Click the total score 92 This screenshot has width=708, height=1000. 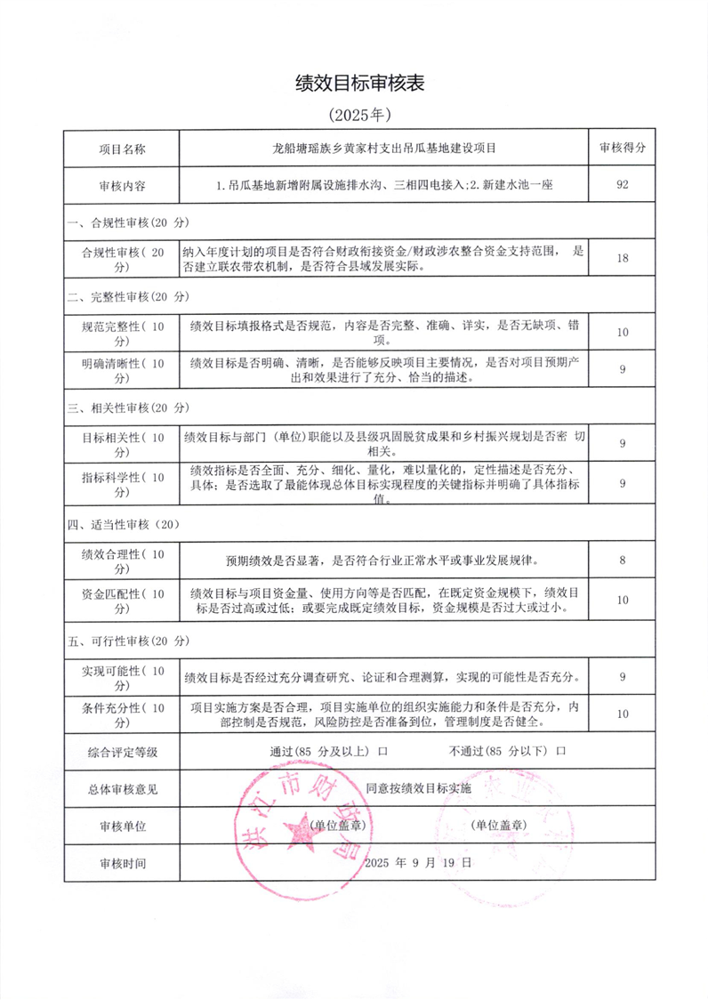(623, 187)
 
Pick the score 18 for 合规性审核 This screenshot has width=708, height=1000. (623, 258)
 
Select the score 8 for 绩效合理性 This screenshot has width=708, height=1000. (623, 561)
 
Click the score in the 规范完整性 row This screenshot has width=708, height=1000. (623, 332)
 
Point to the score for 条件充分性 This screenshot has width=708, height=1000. (623, 714)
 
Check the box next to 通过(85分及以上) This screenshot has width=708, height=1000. (383, 751)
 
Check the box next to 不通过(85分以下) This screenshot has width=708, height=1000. (561, 751)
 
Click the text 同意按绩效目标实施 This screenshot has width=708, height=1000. (418, 787)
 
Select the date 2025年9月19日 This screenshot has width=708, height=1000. (418, 862)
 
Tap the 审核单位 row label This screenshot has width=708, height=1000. (122, 826)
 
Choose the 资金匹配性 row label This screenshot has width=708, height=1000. (122, 601)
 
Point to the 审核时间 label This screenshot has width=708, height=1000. (122, 863)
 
